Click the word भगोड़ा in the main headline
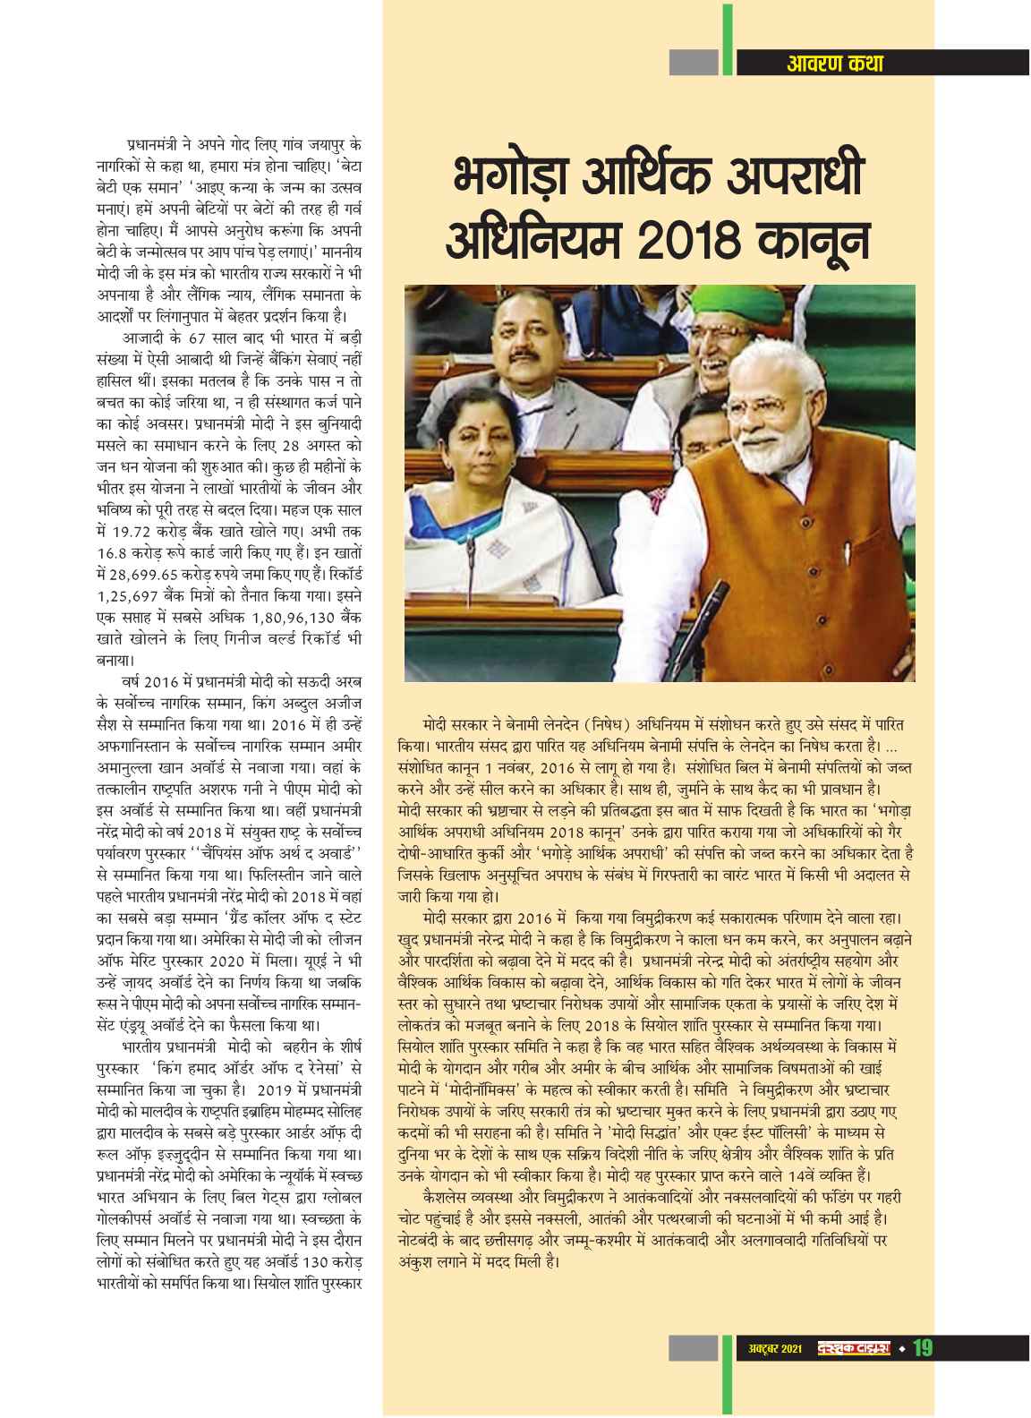506,176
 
